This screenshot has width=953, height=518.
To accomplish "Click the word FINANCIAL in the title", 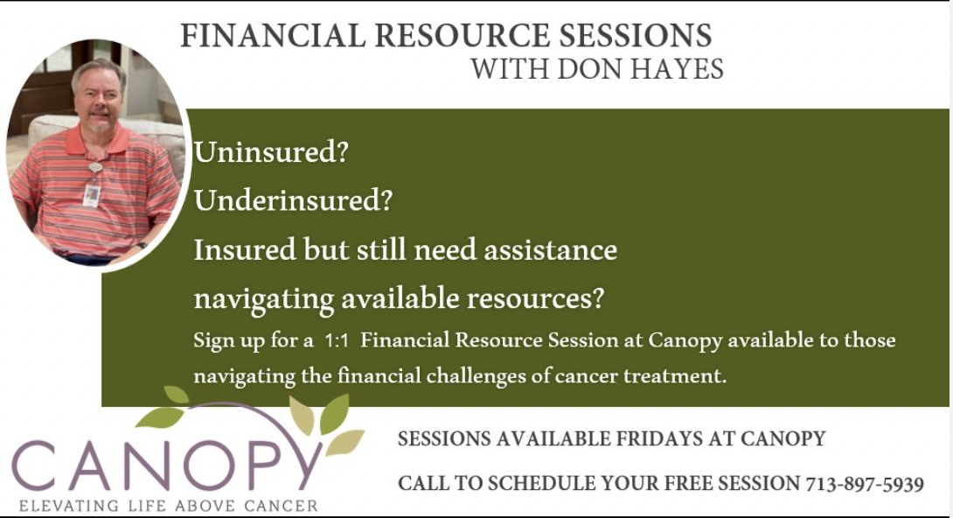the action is point(273,35).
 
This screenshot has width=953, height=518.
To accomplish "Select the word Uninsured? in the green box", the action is point(271,151).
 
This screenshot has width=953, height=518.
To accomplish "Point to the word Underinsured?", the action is point(293,200).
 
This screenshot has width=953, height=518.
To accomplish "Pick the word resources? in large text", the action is point(535,298).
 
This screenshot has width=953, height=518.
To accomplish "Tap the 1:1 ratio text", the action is point(337,339).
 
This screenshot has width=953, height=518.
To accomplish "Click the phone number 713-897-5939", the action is point(865,484).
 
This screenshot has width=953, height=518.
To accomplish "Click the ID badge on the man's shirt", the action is point(92,194).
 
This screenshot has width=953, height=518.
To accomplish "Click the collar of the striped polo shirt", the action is point(97,141).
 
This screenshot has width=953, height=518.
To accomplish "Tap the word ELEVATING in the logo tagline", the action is point(69,506).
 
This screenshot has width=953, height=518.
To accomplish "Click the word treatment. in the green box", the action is point(675,375).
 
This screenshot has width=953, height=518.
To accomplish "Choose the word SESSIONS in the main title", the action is point(635,35).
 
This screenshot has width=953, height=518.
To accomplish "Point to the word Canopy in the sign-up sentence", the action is point(685,340).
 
